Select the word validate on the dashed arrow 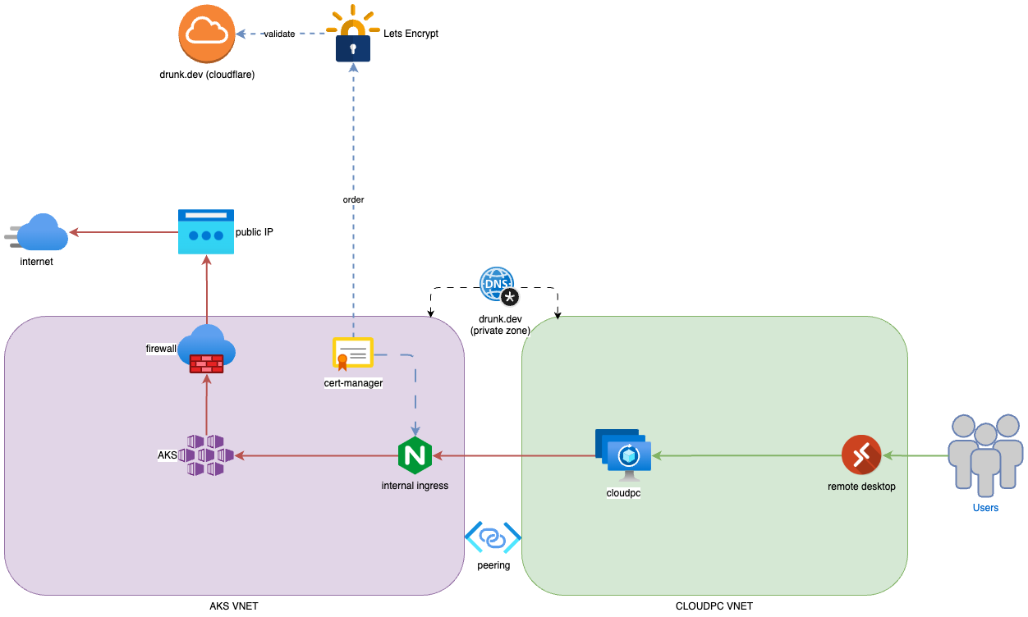click(x=279, y=34)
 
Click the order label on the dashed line click(x=353, y=199)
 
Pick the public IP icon click(x=206, y=231)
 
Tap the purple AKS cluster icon click(x=206, y=455)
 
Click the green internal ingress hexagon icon click(x=415, y=455)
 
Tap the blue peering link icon click(x=493, y=538)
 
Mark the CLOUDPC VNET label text click(x=714, y=606)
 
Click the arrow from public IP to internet click(x=123, y=232)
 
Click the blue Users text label click(x=985, y=508)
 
